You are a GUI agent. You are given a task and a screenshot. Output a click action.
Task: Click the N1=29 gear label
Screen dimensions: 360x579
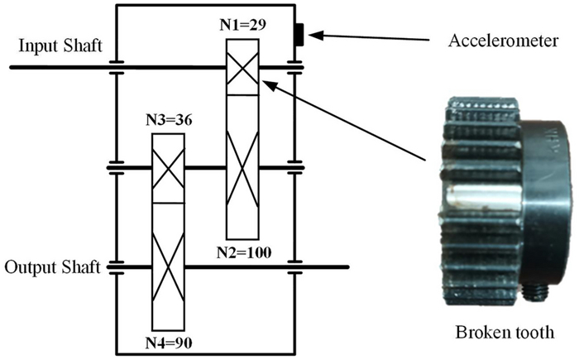coord(243,25)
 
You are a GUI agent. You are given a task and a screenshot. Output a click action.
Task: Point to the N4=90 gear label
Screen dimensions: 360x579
coord(170,340)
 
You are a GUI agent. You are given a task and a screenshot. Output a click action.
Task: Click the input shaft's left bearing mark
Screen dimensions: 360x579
coord(116,66)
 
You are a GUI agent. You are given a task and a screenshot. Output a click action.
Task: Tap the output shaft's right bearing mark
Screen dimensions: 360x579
coord(294,267)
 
